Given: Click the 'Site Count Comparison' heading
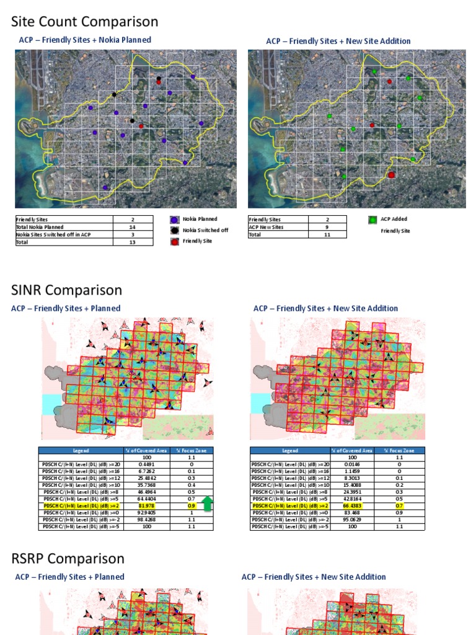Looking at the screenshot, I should (x=85, y=22).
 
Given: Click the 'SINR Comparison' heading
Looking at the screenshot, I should (x=67, y=290).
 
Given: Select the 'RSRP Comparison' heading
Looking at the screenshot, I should (x=68, y=558).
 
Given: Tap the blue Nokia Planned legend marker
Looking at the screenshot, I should (x=174, y=219).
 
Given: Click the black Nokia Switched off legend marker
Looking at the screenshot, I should (x=174, y=230).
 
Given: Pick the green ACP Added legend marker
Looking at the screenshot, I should (x=372, y=220).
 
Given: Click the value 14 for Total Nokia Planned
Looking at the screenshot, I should (x=133, y=227).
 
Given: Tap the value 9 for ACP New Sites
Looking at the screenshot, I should (x=327, y=227).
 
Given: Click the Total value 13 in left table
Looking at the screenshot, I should (x=133, y=242).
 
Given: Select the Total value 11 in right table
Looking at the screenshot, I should (x=327, y=235).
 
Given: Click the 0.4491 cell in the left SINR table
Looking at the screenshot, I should (x=146, y=463).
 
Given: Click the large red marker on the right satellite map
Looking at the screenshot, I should (x=391, y=175).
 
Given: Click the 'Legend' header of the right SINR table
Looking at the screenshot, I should (x=289, y=451).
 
